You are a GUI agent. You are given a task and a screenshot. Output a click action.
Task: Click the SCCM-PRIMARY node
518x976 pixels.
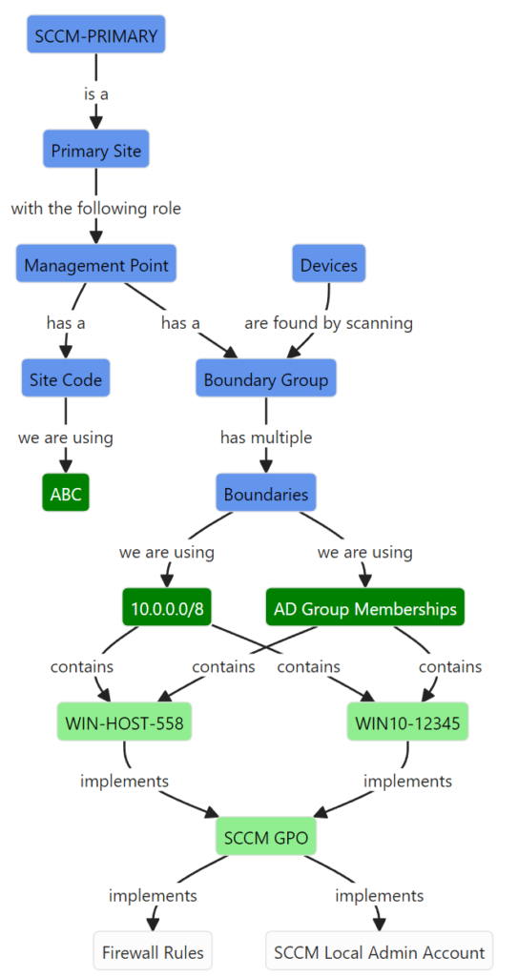[96, 34]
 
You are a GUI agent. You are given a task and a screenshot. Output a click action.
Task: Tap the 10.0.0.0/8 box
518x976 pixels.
[167, 607]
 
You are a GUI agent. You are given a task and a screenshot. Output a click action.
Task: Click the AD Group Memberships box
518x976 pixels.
[365, 607]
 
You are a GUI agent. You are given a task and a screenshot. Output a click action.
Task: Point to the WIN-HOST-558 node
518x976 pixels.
[124, 722]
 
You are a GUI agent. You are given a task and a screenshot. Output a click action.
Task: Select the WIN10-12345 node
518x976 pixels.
[407, 722]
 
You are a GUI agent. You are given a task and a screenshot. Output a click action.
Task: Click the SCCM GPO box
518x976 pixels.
[266, 836]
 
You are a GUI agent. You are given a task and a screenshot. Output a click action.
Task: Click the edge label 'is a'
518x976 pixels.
[96, 93]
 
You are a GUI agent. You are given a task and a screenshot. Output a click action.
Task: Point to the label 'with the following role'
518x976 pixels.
[96, 208]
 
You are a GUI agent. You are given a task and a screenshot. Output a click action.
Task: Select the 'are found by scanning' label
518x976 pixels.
[328, 322]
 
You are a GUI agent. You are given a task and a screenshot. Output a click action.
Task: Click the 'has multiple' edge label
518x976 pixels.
[266, 437]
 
